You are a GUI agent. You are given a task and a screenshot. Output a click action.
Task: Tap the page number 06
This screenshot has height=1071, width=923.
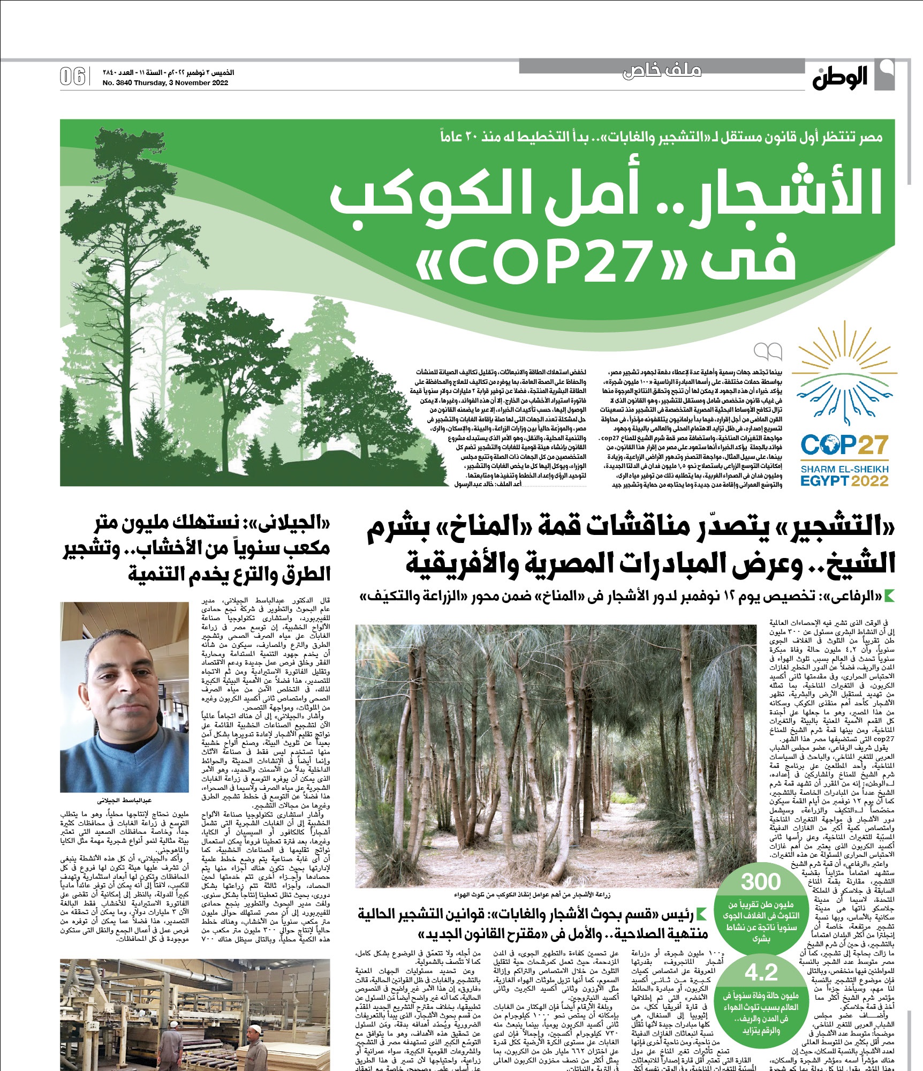73,77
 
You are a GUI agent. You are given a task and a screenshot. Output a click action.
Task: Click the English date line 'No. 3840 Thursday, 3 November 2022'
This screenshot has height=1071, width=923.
165,83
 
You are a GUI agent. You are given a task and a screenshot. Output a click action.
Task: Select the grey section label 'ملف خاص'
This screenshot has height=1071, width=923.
662,71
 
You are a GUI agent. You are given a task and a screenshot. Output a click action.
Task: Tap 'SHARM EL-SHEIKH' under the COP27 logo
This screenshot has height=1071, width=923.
844,469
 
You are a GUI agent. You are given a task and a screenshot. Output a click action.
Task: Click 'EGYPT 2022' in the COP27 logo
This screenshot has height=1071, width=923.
844,480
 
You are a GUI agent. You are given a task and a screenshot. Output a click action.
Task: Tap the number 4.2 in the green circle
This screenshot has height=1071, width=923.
761,972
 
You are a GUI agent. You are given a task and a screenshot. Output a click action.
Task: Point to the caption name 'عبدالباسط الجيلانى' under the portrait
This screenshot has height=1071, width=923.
124,801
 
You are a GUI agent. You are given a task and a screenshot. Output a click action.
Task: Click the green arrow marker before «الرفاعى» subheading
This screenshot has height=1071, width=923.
890,595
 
